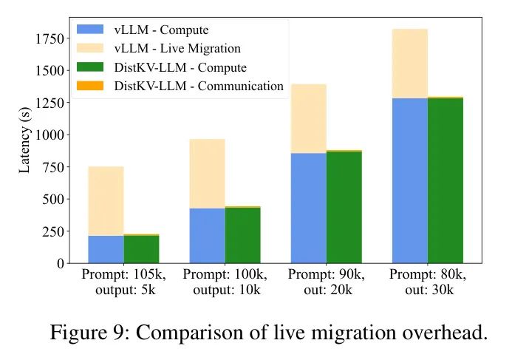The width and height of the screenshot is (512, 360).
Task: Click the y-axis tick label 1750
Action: click(x=47, y=38)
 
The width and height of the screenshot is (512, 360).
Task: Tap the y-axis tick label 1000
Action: click(x=47, y=135)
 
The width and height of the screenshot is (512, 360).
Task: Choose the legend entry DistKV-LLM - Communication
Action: click(x=199, y=86)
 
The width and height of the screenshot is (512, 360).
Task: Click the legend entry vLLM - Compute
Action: click(x=161, y=30)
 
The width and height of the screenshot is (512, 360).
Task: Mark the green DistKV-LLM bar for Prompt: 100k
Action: click(x=243, y=235)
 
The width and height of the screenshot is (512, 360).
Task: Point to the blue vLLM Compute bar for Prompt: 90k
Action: click(x=309, y=208)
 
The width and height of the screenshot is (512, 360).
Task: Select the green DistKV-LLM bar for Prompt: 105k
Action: click(x=142, y=249)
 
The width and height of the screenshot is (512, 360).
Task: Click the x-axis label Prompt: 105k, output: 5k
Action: click(x=124, y=282)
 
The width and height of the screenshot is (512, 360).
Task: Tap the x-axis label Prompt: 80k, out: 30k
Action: click(x=428, y=282)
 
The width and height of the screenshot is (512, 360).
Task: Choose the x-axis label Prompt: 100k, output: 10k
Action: click(x=225, y=282)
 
